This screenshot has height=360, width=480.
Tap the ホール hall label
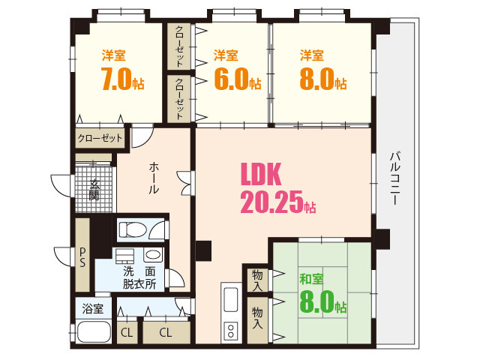pos(153,178)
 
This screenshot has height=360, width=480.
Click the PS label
pos(82,257)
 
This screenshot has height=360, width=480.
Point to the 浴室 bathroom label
pos(92,308)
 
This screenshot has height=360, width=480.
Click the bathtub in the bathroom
pos(92,332)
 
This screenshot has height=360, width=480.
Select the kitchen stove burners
pos(229,330)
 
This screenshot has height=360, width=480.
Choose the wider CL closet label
pos(165,331)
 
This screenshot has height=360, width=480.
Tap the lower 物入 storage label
pos(256,317)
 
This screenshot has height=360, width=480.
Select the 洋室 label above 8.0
pos(312,55)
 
